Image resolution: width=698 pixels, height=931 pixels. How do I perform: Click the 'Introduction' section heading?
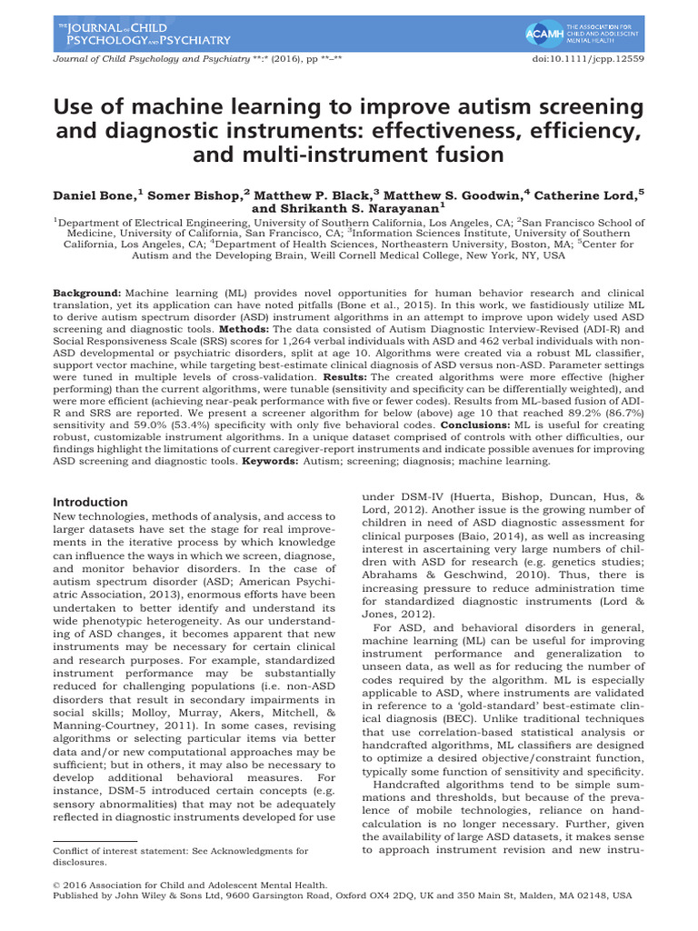tap(90, 502)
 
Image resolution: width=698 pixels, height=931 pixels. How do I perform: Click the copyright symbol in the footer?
tap(59, 908)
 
